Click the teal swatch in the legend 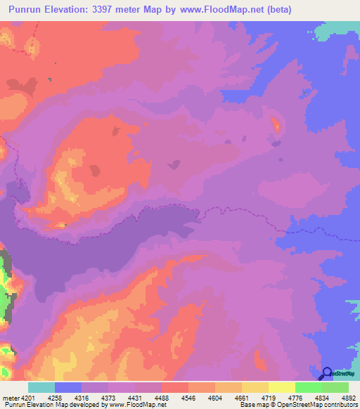coord(41,387)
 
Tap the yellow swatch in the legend coord(282,387)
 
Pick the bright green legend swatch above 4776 coord(309,387)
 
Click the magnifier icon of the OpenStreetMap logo coord(327,373)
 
